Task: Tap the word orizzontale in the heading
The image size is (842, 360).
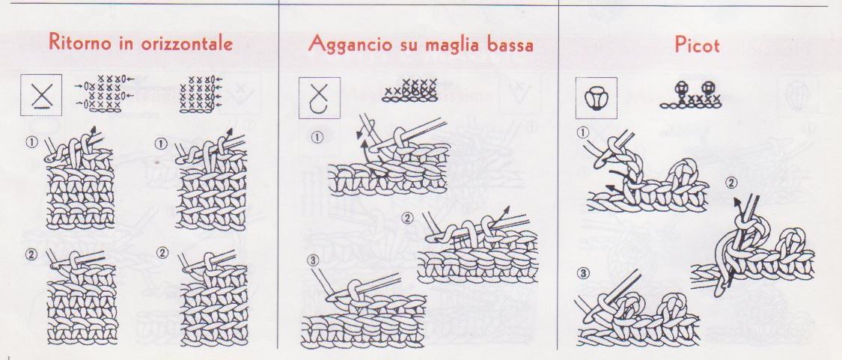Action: point(187,43)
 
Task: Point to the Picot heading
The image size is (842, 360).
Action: point(697,45)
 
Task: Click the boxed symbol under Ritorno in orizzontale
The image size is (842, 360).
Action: point(41,96)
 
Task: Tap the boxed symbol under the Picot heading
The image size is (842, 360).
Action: point(596,98)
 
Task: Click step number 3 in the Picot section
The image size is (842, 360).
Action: point(585,274)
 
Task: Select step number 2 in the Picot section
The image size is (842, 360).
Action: point(730,183)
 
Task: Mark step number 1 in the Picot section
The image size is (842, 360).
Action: point(583,132)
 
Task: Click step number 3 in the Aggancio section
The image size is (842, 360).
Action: point(313,260)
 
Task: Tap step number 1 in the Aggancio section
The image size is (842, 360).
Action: point(317,138)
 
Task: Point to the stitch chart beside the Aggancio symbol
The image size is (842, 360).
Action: point(409,91)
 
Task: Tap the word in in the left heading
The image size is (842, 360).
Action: point(126,43)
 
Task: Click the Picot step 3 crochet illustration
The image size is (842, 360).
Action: point(638,309)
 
